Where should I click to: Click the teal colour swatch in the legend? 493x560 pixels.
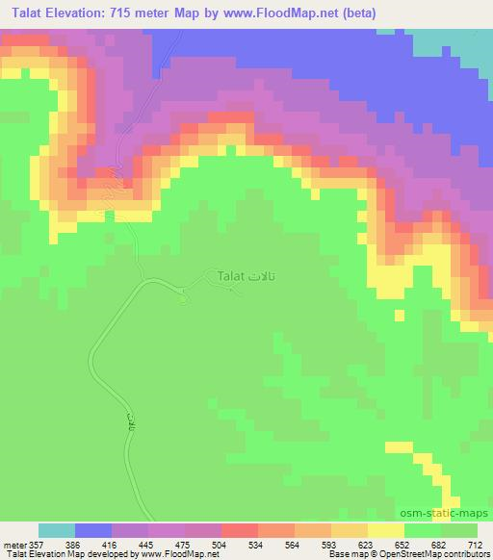pos(57,530)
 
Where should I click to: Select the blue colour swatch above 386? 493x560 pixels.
pos(93,530)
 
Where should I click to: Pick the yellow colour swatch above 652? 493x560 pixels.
pos(386,530)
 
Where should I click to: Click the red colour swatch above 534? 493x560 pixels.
pos(240,530)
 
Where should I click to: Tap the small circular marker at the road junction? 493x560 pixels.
pos(183,297)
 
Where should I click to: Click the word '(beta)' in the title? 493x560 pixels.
pos(353,13)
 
